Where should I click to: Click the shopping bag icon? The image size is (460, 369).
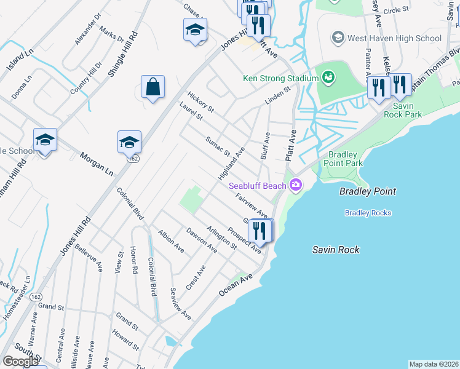(x=153, y=87)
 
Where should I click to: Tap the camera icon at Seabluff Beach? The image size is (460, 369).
(x=296, y=184)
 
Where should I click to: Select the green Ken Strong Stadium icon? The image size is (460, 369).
(x=328, y=77)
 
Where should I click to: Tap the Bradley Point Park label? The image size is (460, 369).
(x=346, y=159)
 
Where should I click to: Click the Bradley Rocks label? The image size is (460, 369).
(x=368, y=213)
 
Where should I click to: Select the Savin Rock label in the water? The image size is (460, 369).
(x=335, y=250)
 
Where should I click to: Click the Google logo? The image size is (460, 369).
(x=20, y=361)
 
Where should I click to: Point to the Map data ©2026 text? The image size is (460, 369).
(x=434, y=364)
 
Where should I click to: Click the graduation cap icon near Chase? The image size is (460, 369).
(x=195, y=30)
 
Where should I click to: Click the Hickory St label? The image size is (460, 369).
(x=201, y=101)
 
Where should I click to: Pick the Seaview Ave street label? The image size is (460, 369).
(x=181, y=304)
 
